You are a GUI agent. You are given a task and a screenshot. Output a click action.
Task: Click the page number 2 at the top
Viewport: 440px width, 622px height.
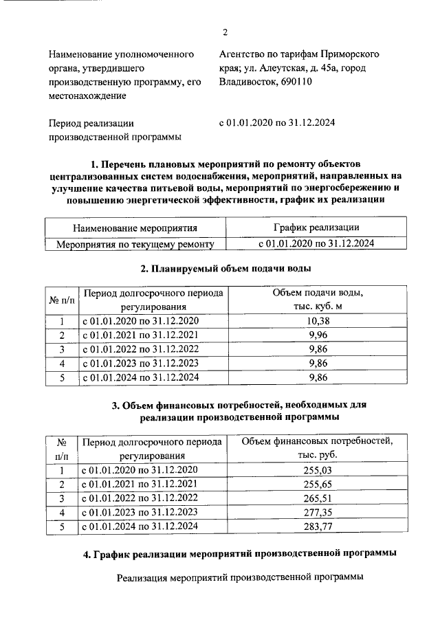pos(225,32)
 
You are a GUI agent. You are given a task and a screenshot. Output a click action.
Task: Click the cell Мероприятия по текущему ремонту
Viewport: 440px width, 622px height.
pos(135,243)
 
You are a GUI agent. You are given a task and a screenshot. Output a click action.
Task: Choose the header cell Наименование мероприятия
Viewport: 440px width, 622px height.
pos(135,227)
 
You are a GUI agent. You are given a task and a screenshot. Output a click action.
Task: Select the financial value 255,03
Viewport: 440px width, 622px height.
pos(317,470)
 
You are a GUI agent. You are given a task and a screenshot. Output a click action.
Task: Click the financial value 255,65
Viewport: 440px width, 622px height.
pos(317,485)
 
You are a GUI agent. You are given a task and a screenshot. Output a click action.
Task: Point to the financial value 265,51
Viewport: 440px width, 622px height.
pos(317,498)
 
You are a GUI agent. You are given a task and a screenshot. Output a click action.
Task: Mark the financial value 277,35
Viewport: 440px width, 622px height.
pos(317,513)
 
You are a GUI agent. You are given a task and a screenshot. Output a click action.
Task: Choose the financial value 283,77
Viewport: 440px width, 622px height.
pos(317,526)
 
